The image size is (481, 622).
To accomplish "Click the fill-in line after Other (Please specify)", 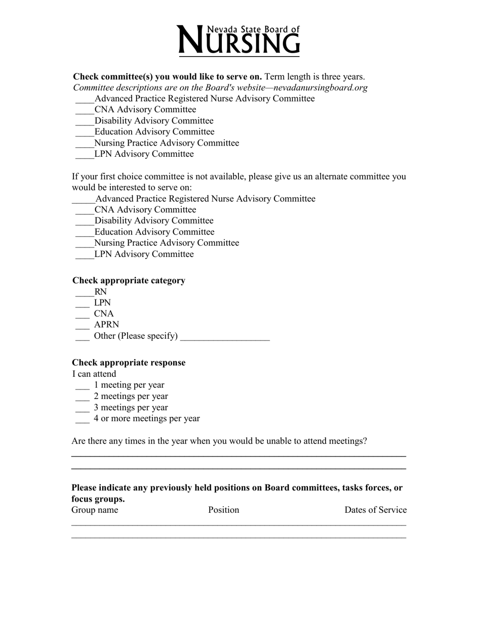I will (x=225, y=338).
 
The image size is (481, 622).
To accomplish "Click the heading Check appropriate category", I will (x=129, y=281).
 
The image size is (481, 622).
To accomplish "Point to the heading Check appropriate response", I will (x=129, y=363).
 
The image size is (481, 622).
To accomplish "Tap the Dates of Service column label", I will (x=375, y=510).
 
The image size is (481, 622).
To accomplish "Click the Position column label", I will (x=223, y=510).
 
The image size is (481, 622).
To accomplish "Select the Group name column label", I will (x=95, y=510).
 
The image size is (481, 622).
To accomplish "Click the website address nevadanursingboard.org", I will (x=320, y=87).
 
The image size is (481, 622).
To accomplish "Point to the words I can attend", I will (x=94, y=374).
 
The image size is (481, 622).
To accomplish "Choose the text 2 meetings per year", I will (x=131, y=396).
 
